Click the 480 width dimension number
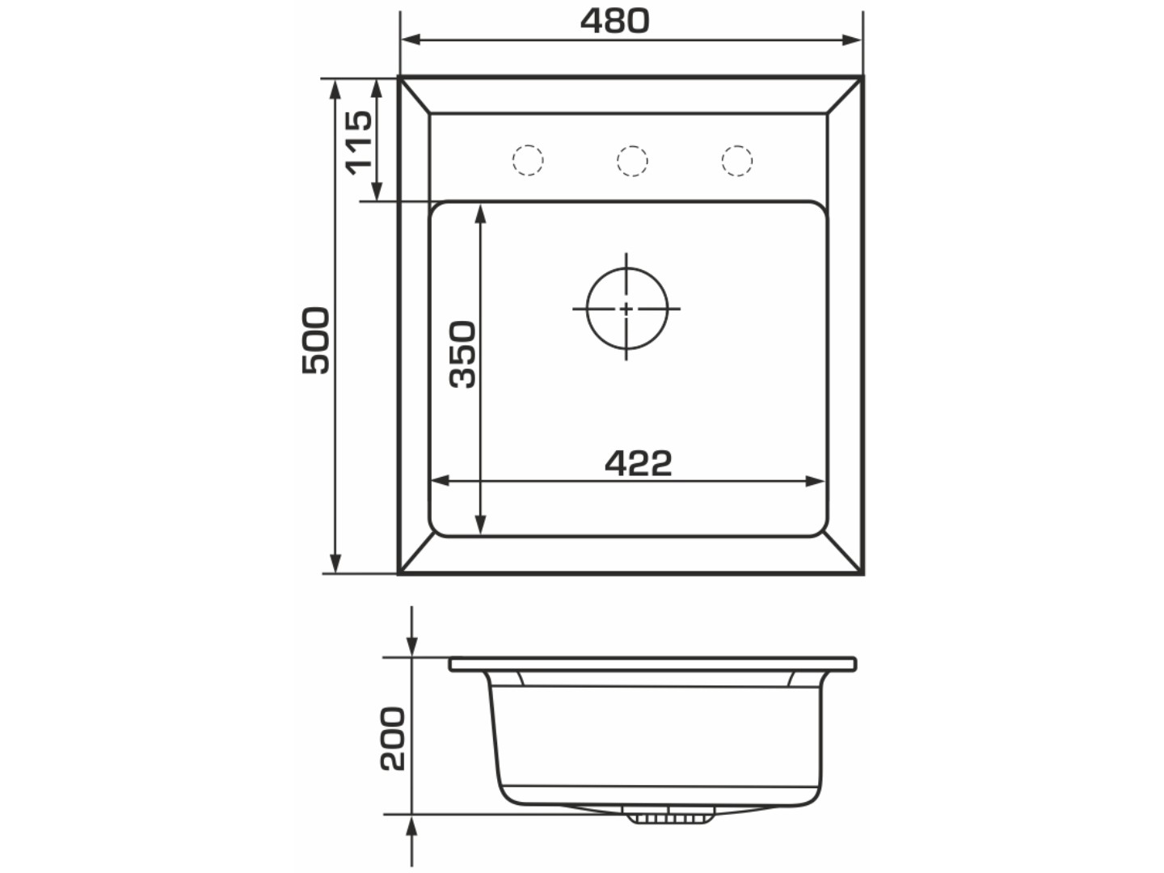614,21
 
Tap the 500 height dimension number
315,340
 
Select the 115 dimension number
359,142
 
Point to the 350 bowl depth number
462,354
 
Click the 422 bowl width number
639,462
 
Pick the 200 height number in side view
393,738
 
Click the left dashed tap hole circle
528,160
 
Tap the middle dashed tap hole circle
632,161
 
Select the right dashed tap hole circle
736,161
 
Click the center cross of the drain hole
626,309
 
